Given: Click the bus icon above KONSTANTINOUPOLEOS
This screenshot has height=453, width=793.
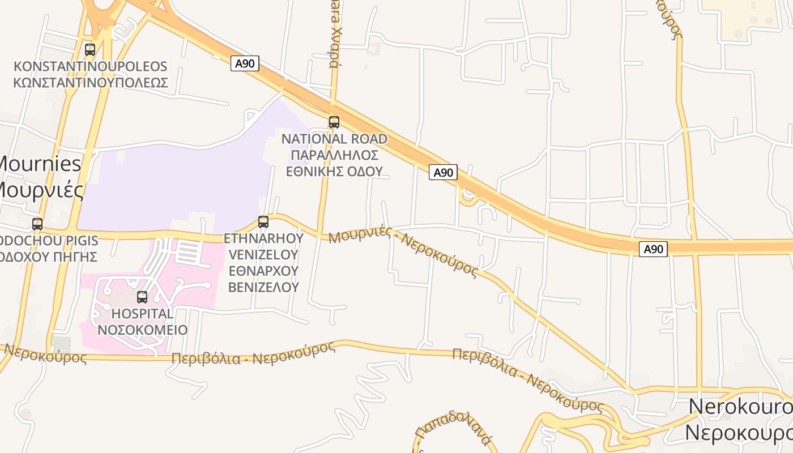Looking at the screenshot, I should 90,50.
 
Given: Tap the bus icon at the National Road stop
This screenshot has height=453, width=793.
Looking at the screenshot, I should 334,122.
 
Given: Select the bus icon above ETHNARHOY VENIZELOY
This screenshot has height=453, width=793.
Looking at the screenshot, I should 263,222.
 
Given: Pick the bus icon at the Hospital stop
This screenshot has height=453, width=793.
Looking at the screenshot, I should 142,297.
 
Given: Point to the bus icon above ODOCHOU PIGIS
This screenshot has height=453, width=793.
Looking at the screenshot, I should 37,224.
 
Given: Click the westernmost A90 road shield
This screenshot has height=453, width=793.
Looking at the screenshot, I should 245,63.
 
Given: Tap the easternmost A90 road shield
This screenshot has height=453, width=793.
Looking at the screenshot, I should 653,249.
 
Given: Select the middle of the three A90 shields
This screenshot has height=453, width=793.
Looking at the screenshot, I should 442,172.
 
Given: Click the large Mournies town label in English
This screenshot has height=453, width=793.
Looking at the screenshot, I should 40,164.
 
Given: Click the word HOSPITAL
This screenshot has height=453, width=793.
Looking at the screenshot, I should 143,314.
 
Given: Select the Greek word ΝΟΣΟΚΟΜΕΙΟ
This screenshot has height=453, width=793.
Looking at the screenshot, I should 143,330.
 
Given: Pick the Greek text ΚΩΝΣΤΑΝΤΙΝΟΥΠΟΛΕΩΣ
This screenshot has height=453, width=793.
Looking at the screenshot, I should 91,83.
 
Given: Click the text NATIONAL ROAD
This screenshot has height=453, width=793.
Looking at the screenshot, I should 334,139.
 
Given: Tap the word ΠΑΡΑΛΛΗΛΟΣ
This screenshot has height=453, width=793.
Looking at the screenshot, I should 334,155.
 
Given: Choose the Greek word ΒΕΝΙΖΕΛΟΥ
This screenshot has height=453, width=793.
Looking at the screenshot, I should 263,287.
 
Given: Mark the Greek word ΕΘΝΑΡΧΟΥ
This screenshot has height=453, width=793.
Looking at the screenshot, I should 263,271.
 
